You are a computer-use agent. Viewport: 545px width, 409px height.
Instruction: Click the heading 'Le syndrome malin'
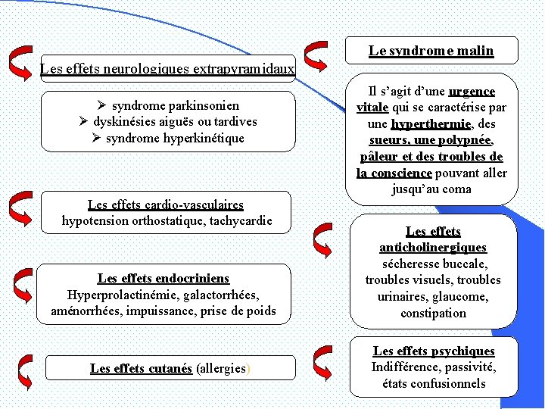431,51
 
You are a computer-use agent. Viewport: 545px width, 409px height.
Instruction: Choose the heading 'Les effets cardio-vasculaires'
166,204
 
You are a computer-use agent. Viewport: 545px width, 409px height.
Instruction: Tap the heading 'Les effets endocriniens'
163,278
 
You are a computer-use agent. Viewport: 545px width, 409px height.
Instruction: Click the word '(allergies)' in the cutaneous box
224,368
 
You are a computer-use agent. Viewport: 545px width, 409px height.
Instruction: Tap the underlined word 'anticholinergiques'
433,248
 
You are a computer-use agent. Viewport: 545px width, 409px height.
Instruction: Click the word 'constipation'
433,313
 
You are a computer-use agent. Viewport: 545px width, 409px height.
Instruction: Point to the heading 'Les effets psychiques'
434,351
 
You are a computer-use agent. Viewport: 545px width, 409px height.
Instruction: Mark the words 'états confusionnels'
434,384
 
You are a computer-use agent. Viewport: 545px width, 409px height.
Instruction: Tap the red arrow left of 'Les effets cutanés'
25,369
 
